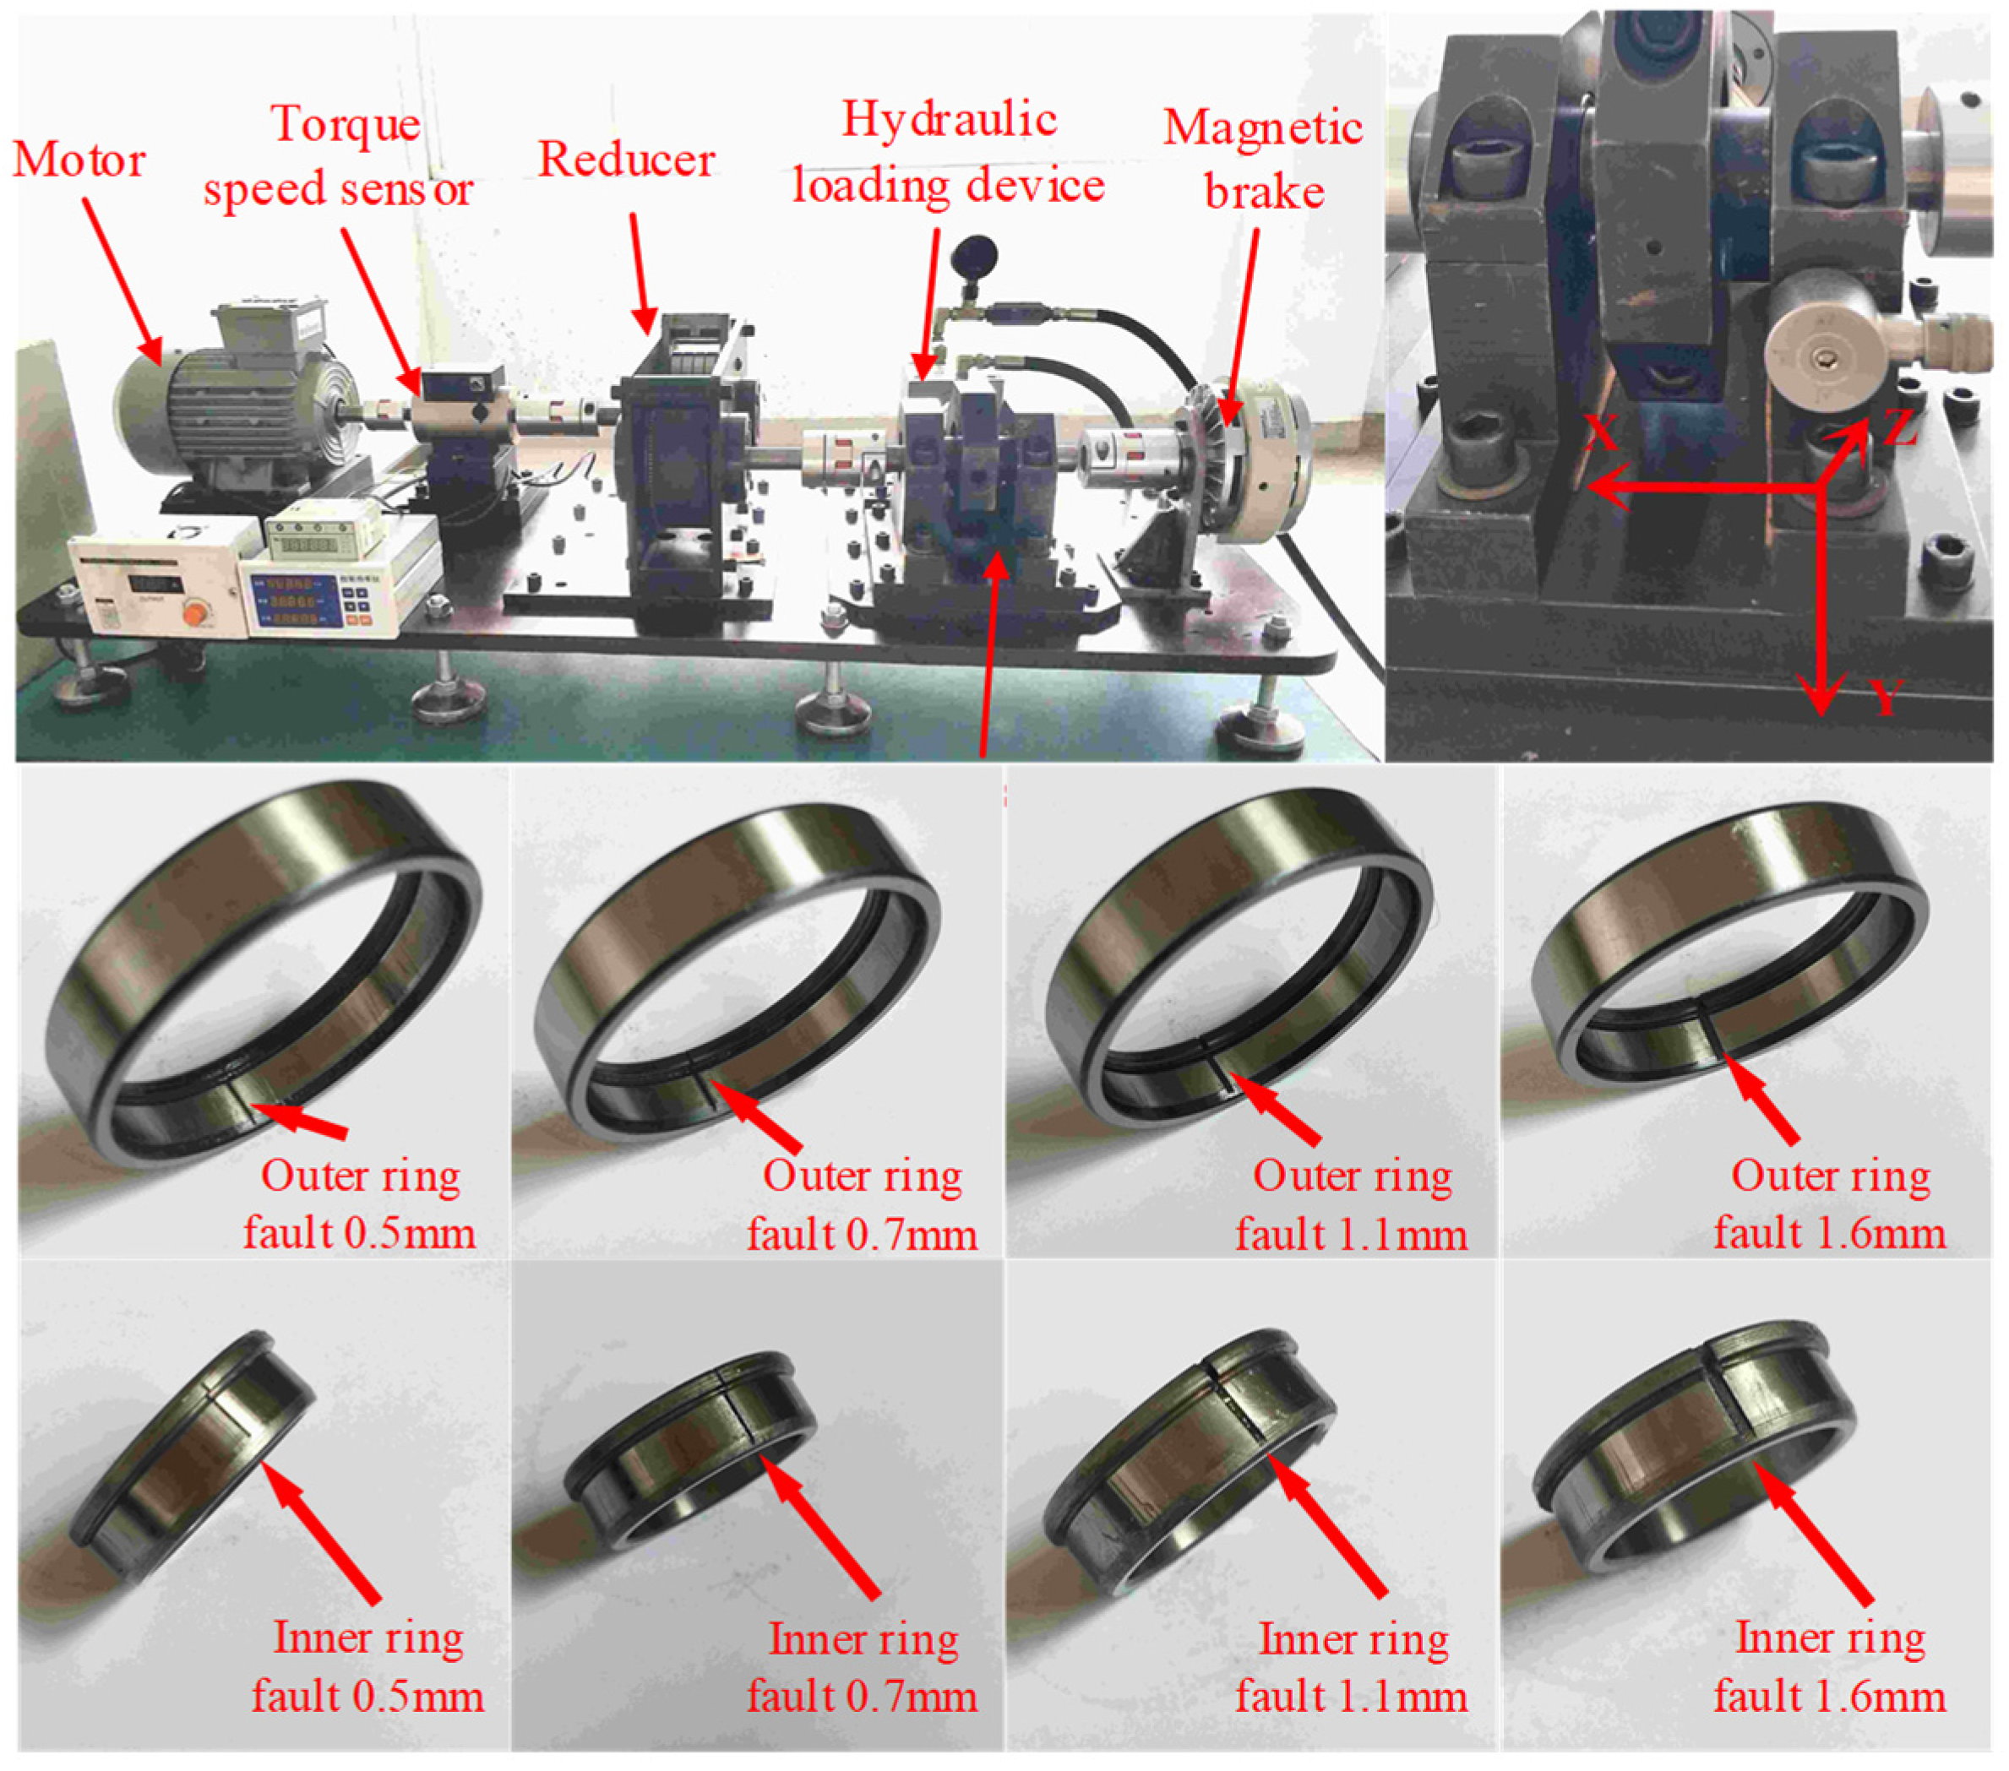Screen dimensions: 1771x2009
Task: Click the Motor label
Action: (79, 160)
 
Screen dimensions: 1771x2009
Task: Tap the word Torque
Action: (346, 126)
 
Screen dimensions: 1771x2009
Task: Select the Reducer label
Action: (626, 160)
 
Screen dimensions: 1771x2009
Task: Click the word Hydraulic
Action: (949, 120)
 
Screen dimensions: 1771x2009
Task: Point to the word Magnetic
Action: (1262, 128)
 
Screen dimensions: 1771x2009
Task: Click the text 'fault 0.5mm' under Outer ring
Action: (360, 1232)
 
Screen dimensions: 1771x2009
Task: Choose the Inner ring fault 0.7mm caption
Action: (862, 1667)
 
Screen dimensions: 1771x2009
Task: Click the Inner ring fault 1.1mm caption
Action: (1352, 1667)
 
